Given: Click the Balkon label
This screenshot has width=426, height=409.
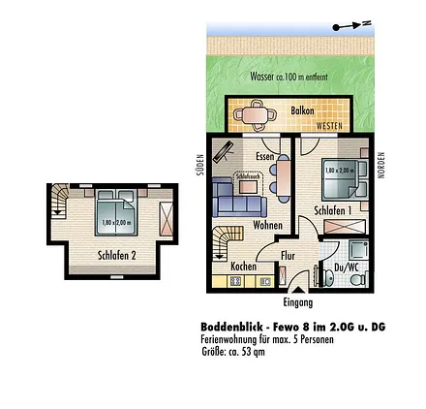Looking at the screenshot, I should pyautogui.click(x=302, y=111).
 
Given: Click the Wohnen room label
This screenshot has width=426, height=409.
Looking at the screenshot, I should pyautogui.click(x=267, y=224).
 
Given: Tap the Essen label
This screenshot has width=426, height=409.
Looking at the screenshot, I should pyautogui.click(x=263, y=155).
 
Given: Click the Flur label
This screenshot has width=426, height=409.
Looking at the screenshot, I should pyautogui.click(x=288, y=256).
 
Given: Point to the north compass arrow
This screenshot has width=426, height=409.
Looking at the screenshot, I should pyautogui.click(x=351, y=27).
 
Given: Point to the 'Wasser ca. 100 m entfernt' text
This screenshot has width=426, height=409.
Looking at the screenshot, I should pyautogui.click(x=275, y=76).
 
